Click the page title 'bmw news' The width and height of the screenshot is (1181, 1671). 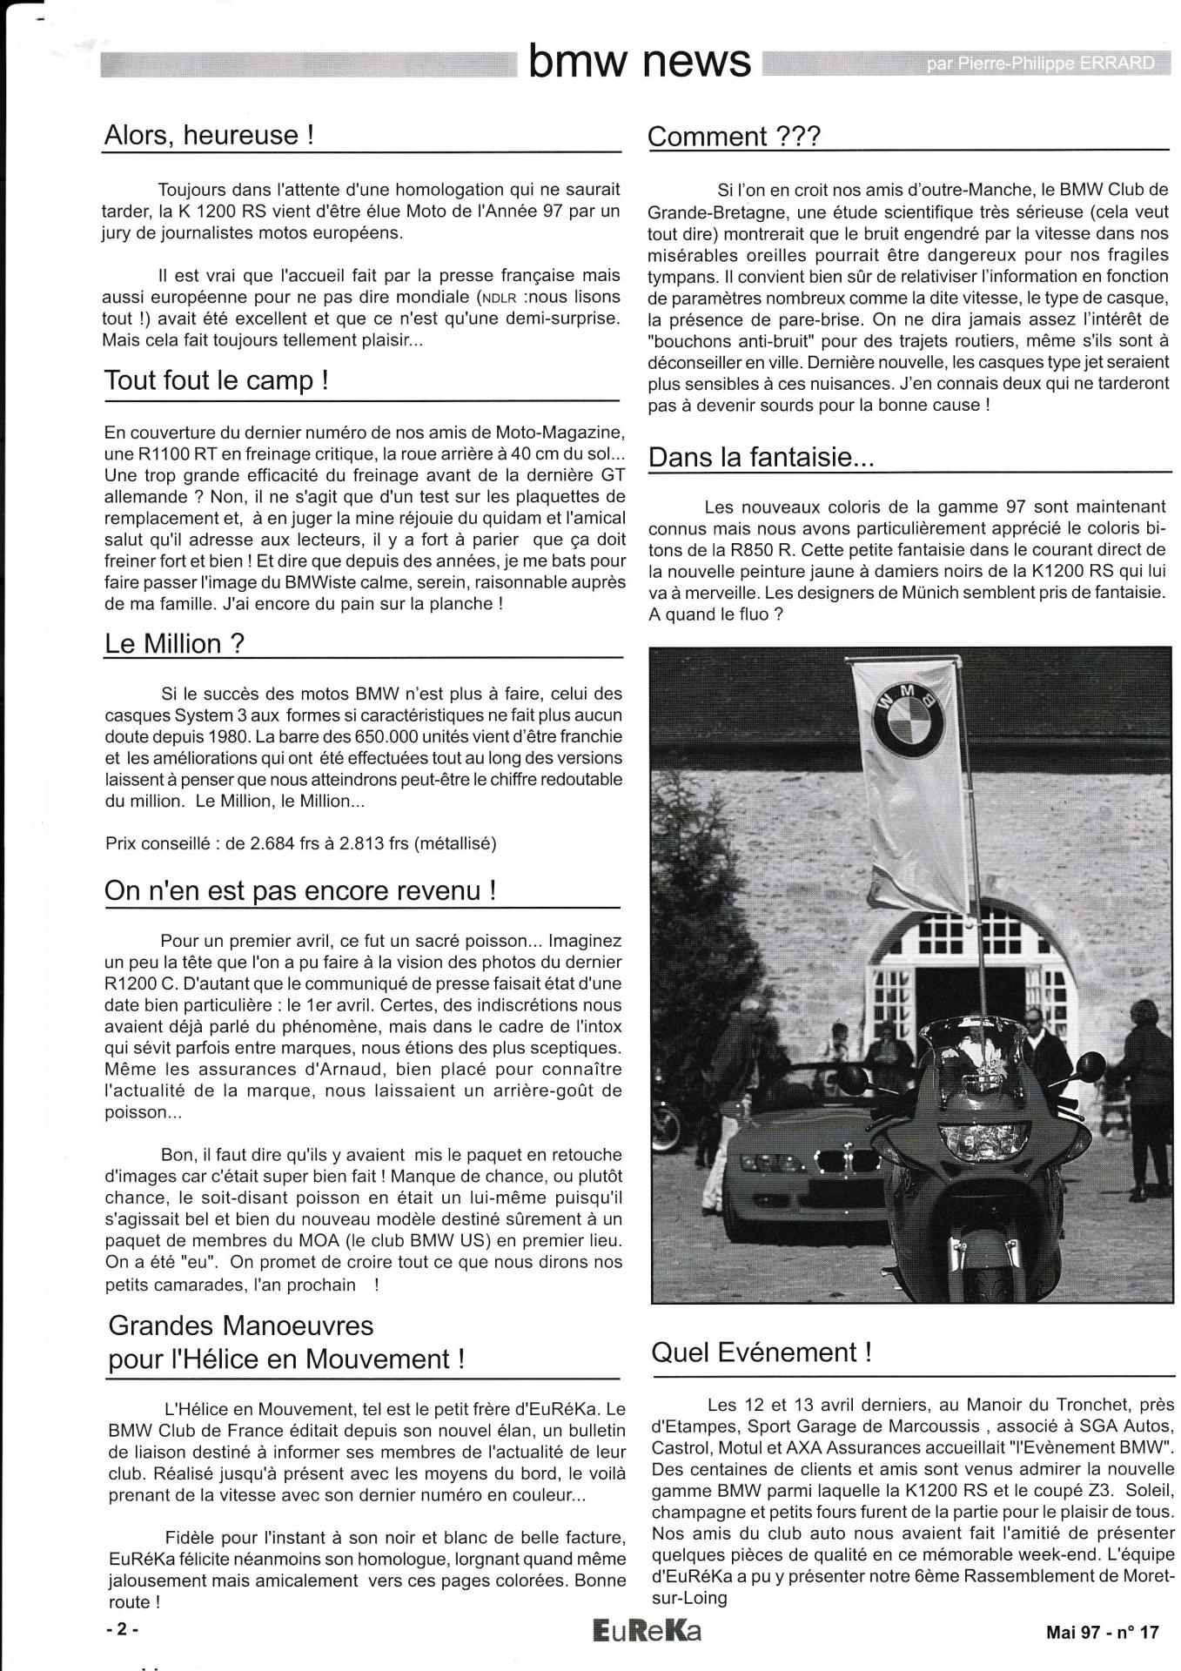pos(640,62)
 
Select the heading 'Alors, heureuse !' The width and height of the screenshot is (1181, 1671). pos(208,135)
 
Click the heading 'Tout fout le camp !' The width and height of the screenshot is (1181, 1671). pos(216,380)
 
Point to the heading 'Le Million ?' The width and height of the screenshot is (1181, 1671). pos(174,643)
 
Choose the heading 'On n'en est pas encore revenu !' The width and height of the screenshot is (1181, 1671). pos(300,890)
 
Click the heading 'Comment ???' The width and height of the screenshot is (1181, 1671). pos(734,137)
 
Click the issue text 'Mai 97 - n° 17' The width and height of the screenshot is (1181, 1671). pos(1103,1633)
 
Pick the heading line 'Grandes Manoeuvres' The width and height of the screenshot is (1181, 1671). pos(240,1325)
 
